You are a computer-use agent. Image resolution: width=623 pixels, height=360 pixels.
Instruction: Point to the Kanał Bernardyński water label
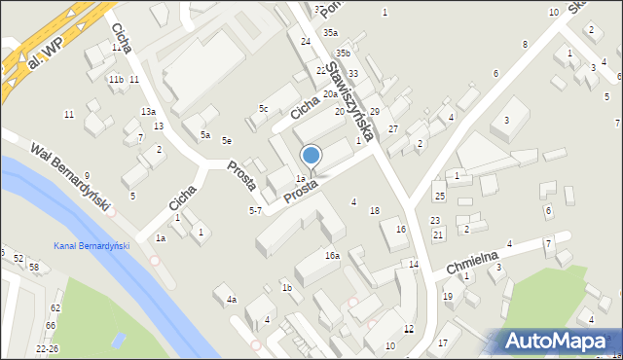coord(92,246)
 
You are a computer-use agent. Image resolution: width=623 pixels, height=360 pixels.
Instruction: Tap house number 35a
coord(331,32)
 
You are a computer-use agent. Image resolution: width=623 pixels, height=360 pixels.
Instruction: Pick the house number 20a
coord(330,94)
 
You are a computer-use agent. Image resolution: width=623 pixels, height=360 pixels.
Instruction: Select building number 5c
coord(263,108)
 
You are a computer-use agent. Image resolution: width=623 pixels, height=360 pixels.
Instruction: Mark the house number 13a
coord(148,112)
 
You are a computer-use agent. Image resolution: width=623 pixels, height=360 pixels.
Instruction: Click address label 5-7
coord(255,210)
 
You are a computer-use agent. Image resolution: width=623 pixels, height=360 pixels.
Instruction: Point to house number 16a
coord(332,255)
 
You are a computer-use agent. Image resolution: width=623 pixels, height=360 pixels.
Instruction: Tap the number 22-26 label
coord(47,348)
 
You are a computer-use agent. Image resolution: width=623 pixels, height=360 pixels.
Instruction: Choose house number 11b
coord(116,79)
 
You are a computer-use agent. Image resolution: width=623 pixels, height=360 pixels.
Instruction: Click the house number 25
coord(439,197)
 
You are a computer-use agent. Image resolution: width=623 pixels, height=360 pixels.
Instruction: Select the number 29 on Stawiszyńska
coord(374,112)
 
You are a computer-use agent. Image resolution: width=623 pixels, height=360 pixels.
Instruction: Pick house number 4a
coord(232,299)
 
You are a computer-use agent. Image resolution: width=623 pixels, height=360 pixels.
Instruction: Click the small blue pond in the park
coord(119,341)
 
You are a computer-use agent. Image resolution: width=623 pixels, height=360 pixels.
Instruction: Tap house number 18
coord(375,210)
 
